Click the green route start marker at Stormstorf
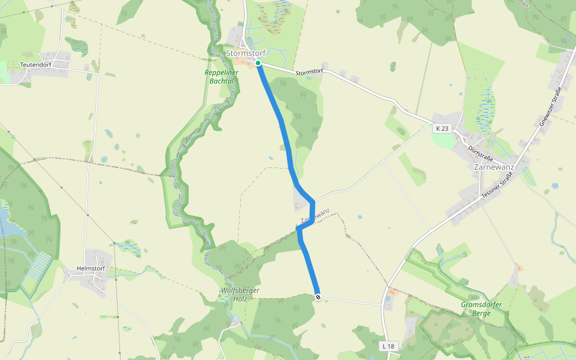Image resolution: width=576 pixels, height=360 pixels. [x=257, y=63]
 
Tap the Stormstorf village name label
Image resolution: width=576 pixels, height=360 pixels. [x=245, y=53]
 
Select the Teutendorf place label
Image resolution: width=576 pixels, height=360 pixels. [x=35, y=64]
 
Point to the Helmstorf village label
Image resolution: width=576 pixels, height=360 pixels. [x=91, y=268]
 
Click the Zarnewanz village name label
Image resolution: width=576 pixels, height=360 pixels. [x=494, y=167]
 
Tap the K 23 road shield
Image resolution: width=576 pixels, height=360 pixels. [x=442, y=128]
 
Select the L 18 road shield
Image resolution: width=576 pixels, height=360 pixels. [x=389, y=346]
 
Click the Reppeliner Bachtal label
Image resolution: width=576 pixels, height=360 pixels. [x=221, y=76]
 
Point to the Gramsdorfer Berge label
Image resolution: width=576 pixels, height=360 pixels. [x=481, y=309]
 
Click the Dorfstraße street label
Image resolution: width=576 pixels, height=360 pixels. [x=480, y=152]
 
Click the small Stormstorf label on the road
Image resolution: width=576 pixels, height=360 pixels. [x=310, y=71]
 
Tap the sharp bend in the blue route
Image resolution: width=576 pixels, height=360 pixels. [x=313, y=202]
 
